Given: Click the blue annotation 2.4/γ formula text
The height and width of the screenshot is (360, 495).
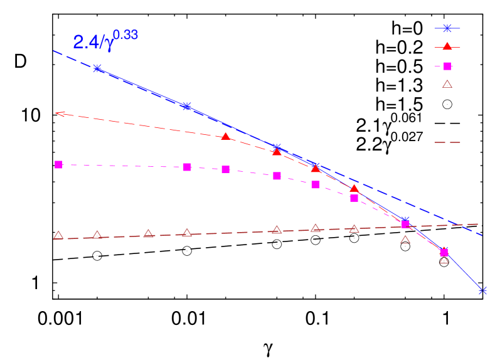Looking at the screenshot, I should pyautogui.click(x=93, y=43).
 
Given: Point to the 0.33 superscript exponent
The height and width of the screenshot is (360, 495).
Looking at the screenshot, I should pyautogui.click(x=125, y=35).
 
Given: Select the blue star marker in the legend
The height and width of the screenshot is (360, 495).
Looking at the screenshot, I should pyautogui.click(x=447, y=28).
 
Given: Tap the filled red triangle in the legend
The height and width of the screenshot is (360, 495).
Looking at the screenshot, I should pyautogui.click(x=447, y=46).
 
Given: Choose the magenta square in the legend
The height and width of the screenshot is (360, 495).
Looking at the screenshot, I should pyautogui.click(x=447, y=66).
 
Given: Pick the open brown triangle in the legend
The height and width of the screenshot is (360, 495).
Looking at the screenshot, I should pyautogui.click(x=447, y=84).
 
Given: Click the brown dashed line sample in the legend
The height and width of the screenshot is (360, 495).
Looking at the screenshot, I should pyautogui.click(x=447, y=142).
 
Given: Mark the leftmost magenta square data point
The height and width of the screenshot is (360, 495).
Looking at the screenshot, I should pyautogui.click(x=58, y=164).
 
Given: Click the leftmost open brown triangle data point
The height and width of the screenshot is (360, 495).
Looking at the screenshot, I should pyautogui.click(x=58, y=236).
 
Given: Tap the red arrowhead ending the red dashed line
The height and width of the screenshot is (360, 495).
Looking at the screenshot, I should pyautogui.click(x=58, y=114).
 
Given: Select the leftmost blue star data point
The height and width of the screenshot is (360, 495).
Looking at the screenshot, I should pyautogui.click(x=97, y=68).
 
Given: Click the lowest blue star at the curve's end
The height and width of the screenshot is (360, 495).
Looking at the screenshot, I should pyautogui.click(x=482, y=290).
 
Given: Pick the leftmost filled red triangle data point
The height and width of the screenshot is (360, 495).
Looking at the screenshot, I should pyautogui.click(x=226, y=136).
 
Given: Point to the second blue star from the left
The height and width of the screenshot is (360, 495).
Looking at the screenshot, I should pyautogui.click(x=186, y=106).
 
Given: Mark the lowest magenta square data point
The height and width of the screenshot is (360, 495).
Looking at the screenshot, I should pyautogui.click(x=444, y=253).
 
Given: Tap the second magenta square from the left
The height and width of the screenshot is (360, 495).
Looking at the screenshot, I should pyautogui.click(x=187, y=167).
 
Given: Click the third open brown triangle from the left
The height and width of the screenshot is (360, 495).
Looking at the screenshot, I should pyautogui.click(x=148, y=233).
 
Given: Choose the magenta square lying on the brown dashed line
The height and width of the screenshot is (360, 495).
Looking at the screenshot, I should pyautogui.click(x=405, y=224).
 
